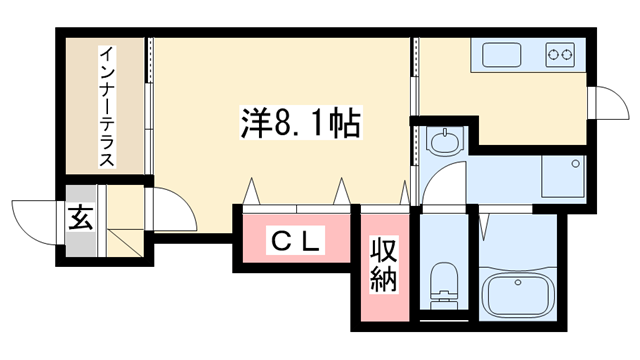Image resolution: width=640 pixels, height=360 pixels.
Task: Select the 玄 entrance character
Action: tap(81, 218)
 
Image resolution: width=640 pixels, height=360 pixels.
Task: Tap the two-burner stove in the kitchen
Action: tap(558, 53)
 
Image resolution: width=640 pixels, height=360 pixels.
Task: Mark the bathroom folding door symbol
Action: tap(484, 225)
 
